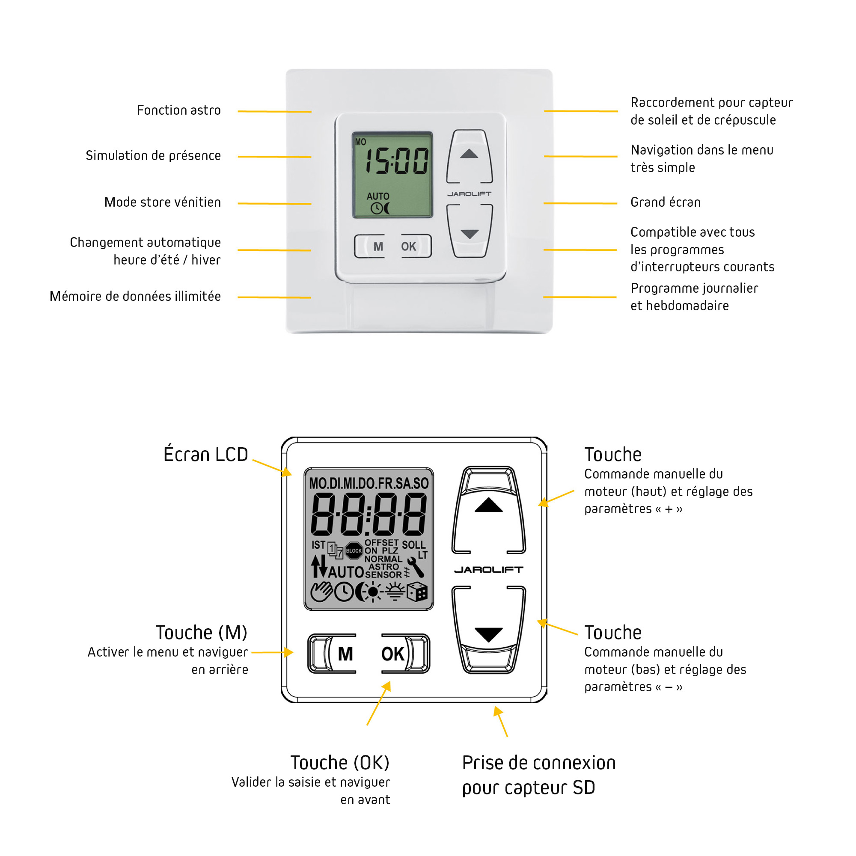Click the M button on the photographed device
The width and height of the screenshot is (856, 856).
pos(377,247)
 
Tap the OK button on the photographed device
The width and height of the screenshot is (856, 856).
pos(408,247)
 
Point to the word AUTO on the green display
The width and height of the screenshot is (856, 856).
pos(377,196)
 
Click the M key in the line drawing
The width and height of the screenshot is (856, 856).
pos(345,654)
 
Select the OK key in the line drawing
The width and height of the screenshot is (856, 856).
pos(393,654)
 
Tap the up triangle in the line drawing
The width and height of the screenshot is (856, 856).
pos(488,505)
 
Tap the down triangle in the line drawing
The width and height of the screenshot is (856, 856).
pos(488,634)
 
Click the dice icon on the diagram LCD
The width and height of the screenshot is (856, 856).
pos(416,592)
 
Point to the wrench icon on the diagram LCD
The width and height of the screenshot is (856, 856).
pos(416,567)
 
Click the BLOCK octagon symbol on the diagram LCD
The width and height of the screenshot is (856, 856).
pos(354,551)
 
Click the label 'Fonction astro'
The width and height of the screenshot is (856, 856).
pos(178,110)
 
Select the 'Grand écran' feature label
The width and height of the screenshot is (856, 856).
pos(665,202)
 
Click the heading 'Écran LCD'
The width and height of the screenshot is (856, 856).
pos(205,455)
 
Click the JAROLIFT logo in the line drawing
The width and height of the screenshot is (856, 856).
pos(488,570)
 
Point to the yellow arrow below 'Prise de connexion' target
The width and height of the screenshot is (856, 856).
pos(501,721)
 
